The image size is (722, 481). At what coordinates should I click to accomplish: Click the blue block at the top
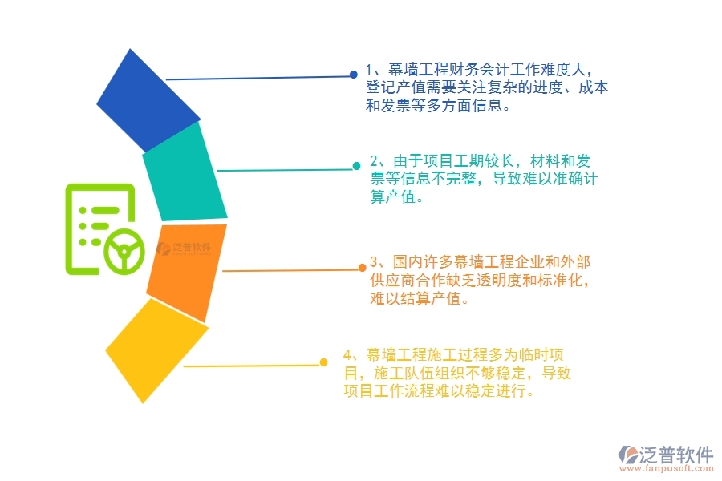(148, 100)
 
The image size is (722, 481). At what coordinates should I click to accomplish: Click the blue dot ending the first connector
(353, 75)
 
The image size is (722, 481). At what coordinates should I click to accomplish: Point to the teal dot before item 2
(357, 167)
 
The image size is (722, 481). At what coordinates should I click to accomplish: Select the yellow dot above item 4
(323, 362)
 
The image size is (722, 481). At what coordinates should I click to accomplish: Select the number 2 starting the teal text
(375, 160)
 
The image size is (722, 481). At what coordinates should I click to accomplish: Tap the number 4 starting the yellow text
(347, 354)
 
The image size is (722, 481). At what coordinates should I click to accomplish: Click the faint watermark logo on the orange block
(185, 249)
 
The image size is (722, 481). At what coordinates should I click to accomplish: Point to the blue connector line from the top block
(257, 78)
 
